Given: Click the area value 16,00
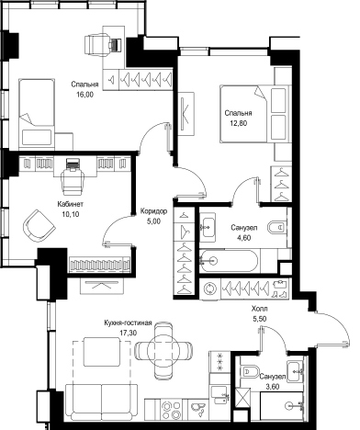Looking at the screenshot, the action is tap(84, 95).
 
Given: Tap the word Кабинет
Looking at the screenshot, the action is tap(71, 204).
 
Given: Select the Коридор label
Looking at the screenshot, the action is tap(153, 211).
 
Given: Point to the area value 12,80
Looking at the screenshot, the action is tap(239, 123).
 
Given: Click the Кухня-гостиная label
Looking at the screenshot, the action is tap(128, 323).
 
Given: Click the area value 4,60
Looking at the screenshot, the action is tap(244, 238).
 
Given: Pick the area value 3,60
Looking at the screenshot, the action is tap(272, 387).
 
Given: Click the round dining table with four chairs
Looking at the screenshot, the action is tap(163, 348).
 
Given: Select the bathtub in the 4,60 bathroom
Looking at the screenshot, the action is tap(229, 261).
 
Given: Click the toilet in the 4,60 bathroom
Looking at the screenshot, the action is tap(278, 228).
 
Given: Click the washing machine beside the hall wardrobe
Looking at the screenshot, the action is tap(209, 289).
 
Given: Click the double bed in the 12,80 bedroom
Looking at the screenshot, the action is tap(254, 114).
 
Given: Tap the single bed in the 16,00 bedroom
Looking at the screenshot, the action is tap(37, 114).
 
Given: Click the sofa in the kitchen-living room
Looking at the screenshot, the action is tap(101, 402).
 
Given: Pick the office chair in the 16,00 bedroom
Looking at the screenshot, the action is tap(96, 45).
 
